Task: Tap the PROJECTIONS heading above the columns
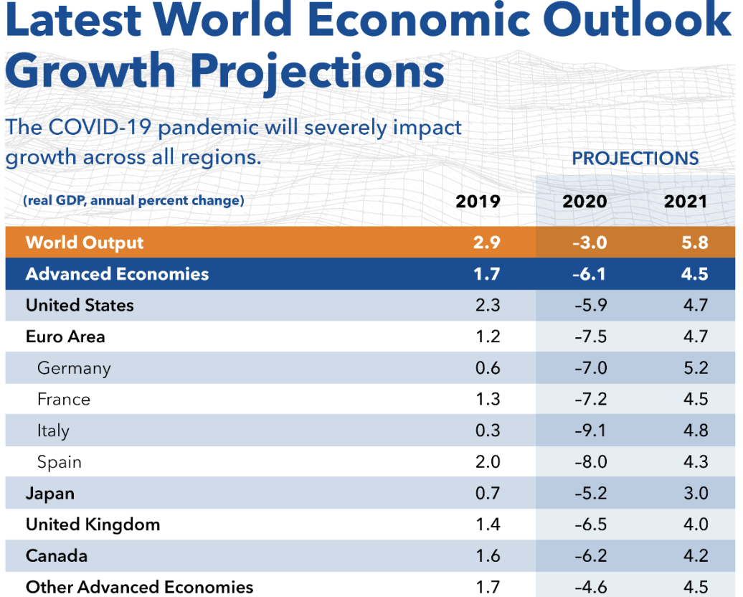[635, 159]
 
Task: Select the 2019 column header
[478, 202]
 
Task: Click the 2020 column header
[585, 202]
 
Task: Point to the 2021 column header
[686, 202]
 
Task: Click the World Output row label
[85, 243]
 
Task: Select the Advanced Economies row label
[117, 274]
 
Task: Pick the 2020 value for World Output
[590, 243]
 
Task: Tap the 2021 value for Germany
[696, 368]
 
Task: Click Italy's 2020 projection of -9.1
[590, 431]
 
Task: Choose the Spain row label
[60, 462]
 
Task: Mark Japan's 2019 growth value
[488, 494]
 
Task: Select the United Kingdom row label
[93, 525]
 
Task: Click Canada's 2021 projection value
[696, 556]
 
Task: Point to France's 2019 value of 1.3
[488, 400]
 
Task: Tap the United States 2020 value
[590, 305]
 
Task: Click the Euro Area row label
[65, 337]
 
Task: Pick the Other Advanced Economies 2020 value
[590, 587]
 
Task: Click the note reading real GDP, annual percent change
[133, 201]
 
